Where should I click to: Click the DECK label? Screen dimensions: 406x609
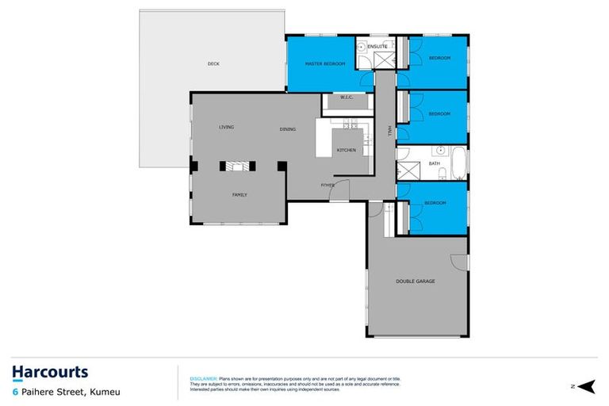(x=213, y=63)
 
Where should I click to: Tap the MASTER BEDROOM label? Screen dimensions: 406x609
(x=325, y=63)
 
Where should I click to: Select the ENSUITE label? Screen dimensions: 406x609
(x=377, y=47)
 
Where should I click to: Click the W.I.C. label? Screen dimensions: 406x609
(x=347, y=98)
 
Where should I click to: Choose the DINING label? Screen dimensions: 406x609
(x=287, y=129)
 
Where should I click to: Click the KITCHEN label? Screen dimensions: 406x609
(x=347, y=150)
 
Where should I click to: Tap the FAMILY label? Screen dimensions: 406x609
(x=239, y=194)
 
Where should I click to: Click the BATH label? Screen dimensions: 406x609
(x=435, y=163)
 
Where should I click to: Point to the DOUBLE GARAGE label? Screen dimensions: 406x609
(x=416, y=281)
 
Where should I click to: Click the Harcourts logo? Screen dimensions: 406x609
(x=50, y=373)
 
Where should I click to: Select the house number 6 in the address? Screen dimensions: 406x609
(x=14, y=391)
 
